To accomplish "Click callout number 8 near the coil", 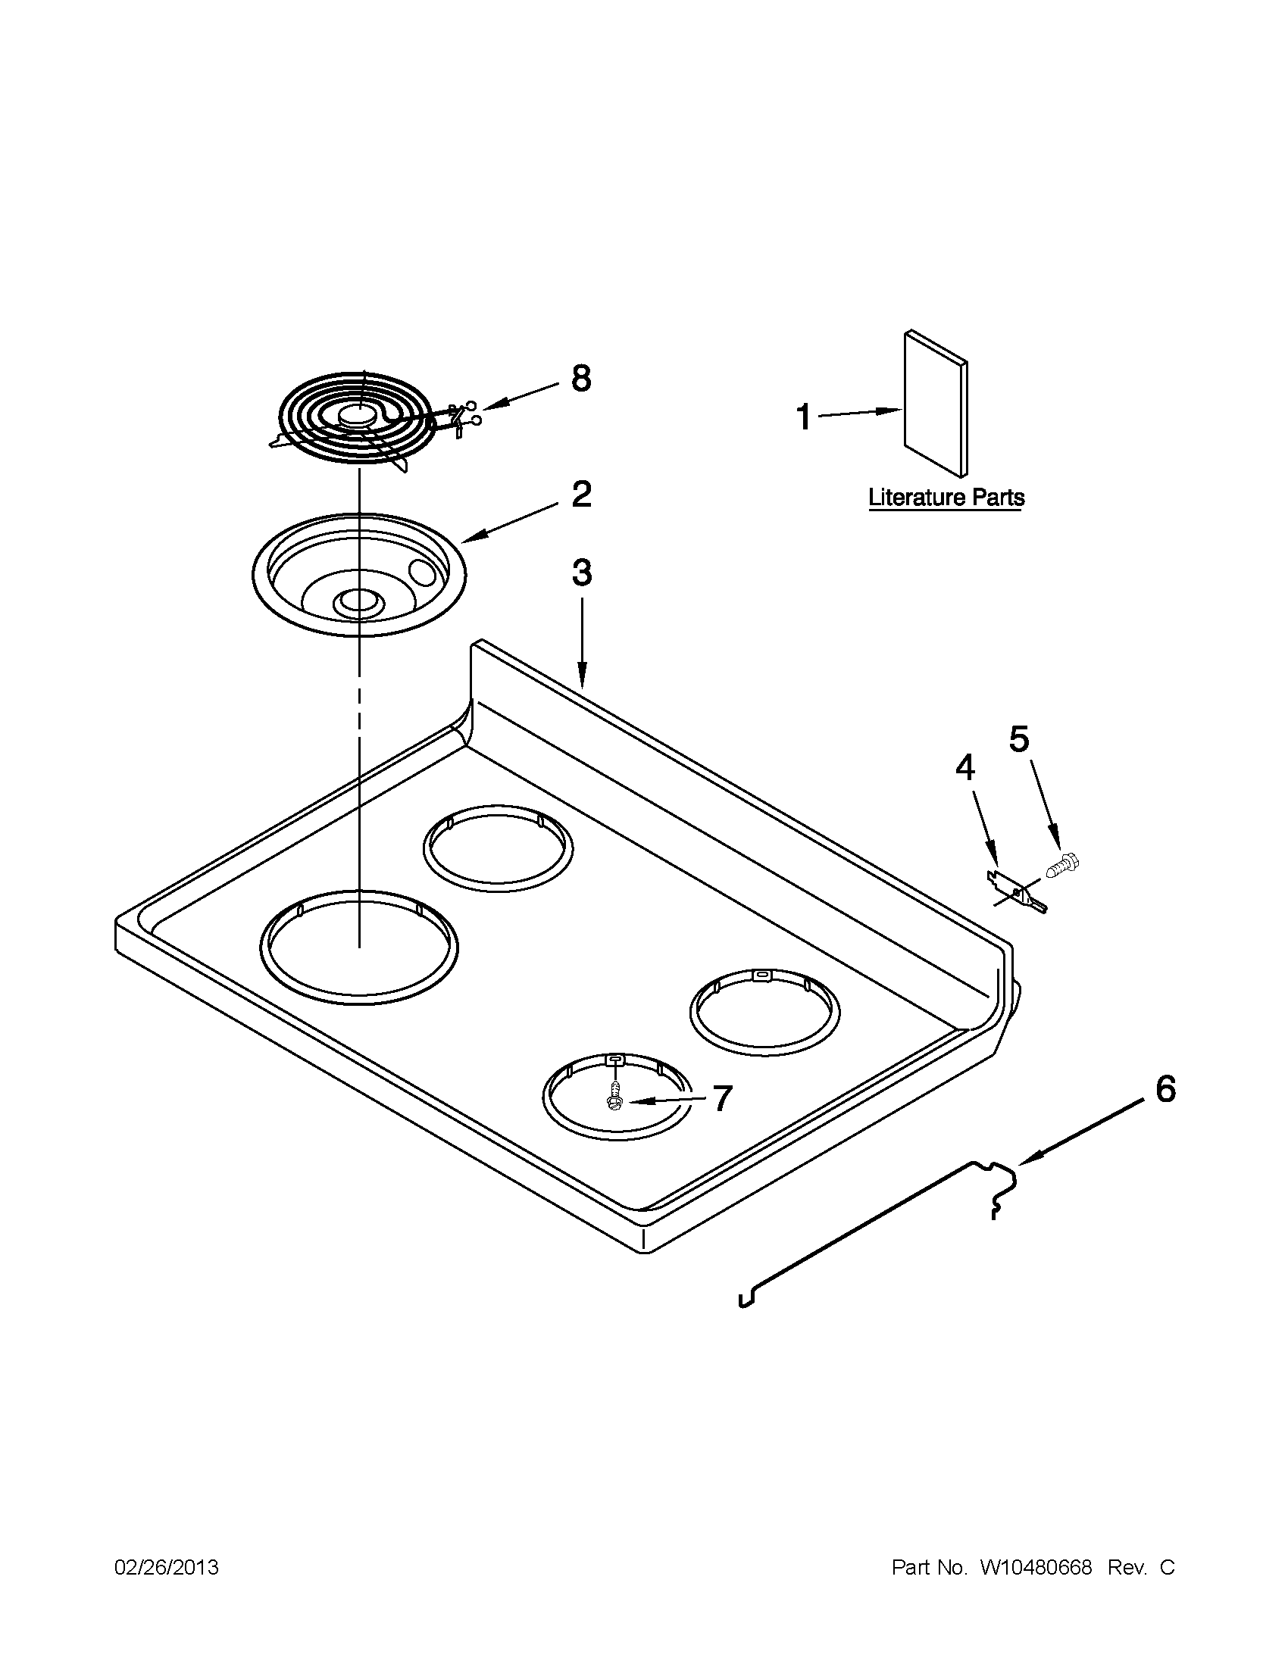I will (581, 378).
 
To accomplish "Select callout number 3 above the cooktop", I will (581, 573).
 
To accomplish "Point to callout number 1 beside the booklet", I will (804, 417).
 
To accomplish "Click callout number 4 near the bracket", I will (965, 767).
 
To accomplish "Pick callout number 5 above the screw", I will (1019, 738).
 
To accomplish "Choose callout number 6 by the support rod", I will (1165, 1089).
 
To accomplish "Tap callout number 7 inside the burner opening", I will (721, 1098).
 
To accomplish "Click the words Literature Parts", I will (946, 498).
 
